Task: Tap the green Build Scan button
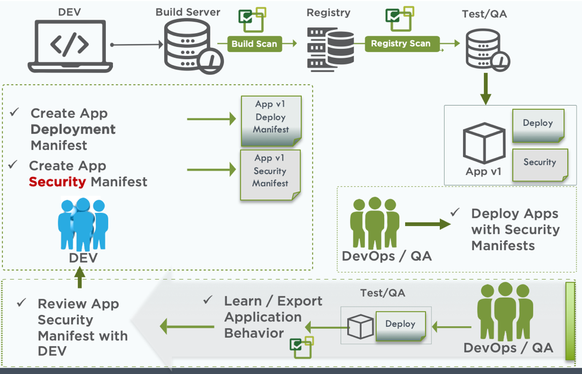coord(254,44)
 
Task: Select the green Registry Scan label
coord(400,43)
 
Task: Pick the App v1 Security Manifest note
coord(270,172)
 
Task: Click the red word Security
coord(57,182)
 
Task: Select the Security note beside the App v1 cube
coord(540,162)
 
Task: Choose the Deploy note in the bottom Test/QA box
coord(400,324)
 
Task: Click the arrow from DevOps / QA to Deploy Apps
coord(428,224)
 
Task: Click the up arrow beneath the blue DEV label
coord(79,277)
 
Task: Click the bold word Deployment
coord(73,129)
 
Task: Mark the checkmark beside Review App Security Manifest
coord(22,303)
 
